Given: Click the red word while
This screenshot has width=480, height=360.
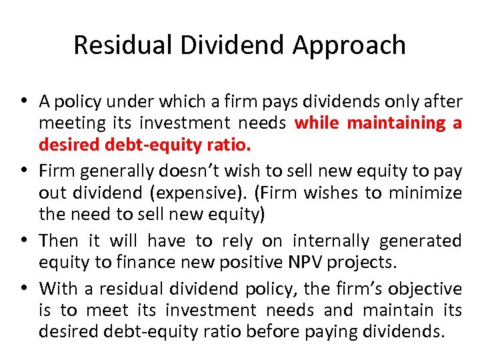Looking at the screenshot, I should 317,123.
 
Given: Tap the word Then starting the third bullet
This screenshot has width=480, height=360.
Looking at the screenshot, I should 59,240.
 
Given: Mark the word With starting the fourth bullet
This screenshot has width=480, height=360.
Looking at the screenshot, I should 59,288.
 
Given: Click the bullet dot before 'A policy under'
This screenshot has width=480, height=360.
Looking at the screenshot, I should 24,101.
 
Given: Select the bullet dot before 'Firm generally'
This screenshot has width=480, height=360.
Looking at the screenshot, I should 24,171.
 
